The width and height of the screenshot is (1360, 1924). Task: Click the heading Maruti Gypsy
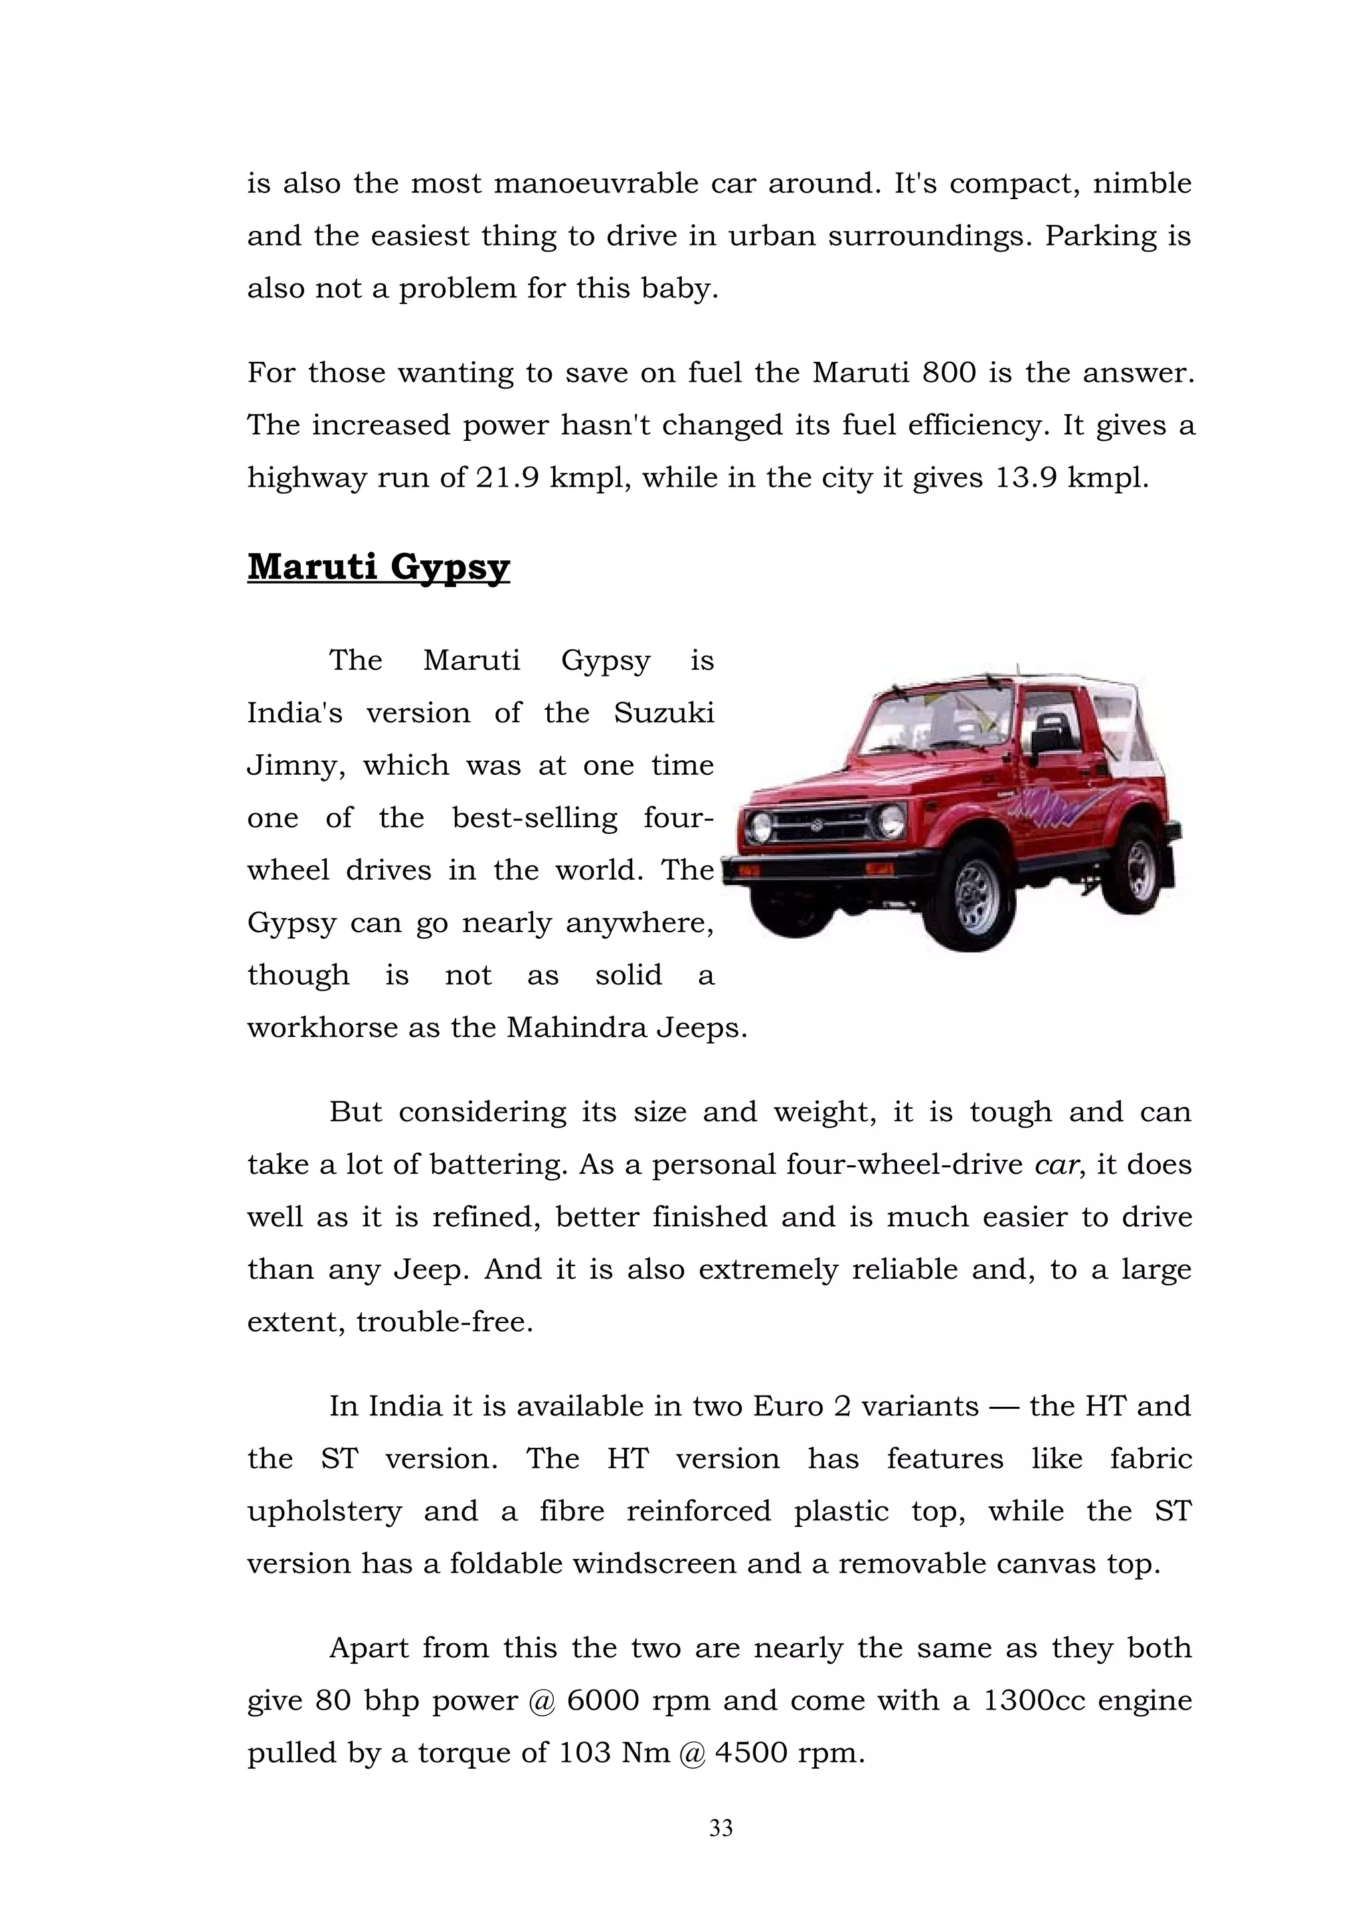coord(378,568)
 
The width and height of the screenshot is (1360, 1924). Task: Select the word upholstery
coord(324,1512)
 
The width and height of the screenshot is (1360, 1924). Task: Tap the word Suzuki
coord(663,713)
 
